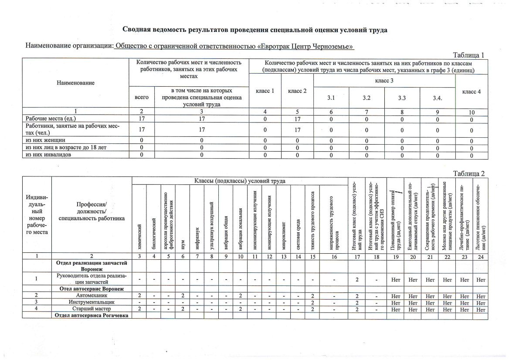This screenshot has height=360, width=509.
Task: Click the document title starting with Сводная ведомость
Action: coord(255,30)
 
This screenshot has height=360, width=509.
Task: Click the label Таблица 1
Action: coord(469,55)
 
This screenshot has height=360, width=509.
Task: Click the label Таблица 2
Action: coord(469,173)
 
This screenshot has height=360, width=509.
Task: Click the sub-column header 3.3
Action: coord(402,98)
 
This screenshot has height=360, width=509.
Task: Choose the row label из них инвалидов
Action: coord(48,154)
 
